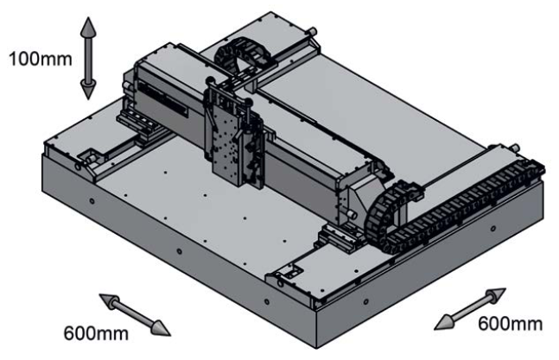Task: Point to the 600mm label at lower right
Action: coord(511,324)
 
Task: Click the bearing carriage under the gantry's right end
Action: coord(333,235)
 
